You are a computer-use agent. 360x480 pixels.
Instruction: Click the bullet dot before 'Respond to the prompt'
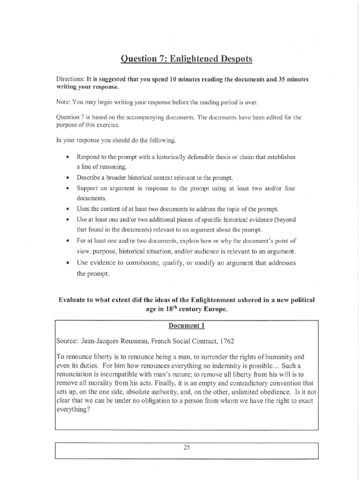coord(68,157)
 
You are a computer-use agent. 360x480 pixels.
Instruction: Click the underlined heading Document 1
coord(187,324)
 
